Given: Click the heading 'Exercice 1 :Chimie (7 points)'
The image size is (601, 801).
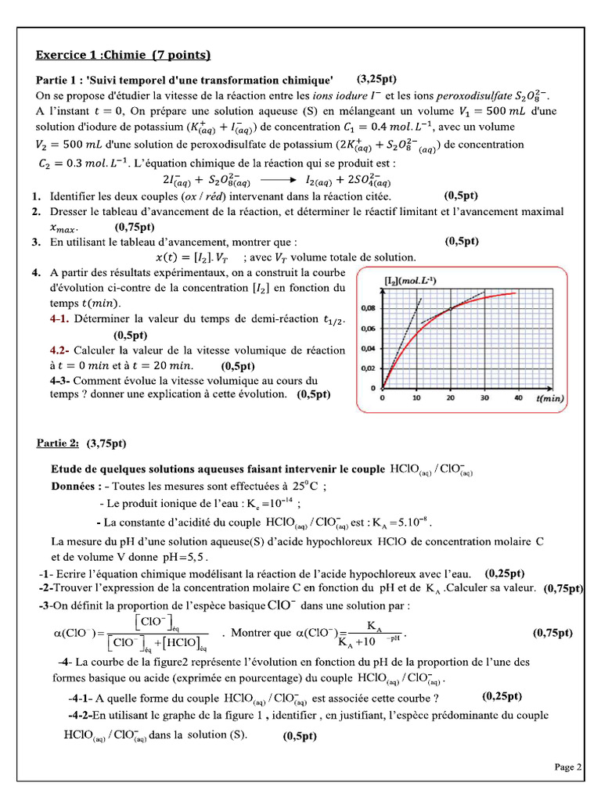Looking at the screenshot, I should pos(124,55).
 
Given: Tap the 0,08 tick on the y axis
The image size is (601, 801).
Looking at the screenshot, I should pos(368,308).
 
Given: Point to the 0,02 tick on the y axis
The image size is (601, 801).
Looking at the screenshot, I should pos(368,368).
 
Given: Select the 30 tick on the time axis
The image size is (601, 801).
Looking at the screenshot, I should pos(485,398).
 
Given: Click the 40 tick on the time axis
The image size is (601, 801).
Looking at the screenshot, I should pos(519,398).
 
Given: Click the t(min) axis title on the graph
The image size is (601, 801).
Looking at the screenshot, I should pos(550,399).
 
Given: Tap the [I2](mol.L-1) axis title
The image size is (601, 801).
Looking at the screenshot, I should pos(410,280).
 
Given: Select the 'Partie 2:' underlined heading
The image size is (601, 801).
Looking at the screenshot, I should pos(58,443).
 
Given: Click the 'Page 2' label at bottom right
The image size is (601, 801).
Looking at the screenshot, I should pos(568,767).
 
